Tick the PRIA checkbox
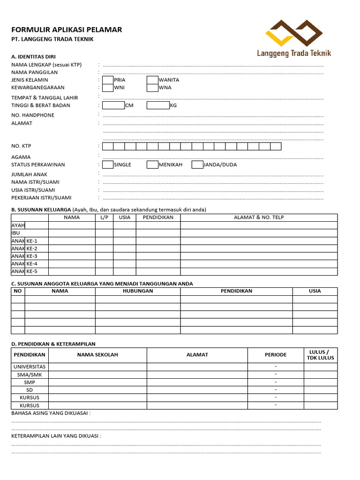pyautogui.click(x=108, y=80)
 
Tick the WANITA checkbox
pyautogui.click(x=152, y=80)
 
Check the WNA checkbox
pyautogui.click(x=152, y=88)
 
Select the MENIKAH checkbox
pyautogui.click(x=152, y=165)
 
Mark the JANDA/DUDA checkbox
pyautogui.click(x=197, y=165)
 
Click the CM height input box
pyautogui.click(x=113, y=105)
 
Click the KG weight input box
pyautogui.click(x=158, y=105)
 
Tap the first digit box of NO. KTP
pyautogui.click(x=108, y=146)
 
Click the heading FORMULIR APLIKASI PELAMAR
pyautogui.click(x=67, y=30)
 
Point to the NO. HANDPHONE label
pyautogui.click(x=33, y=115)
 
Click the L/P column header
pyautogui.click(x=104, y=217)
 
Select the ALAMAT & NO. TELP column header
pyautogui.click(x=259, y=217)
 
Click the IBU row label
pyautogui.click(x=16, y=233)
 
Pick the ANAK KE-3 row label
pyautogui.click(x=24, y=256)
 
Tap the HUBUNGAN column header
pyautogui.click(x=138, y=291)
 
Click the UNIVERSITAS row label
pyautogui.click(x=30, y=367)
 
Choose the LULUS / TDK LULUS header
pyautogui.click(x=321, y=355)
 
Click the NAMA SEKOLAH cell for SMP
pyautogui.click(x=97, y=382)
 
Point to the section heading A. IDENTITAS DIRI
pyautogui.click(x=33, y=57)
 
